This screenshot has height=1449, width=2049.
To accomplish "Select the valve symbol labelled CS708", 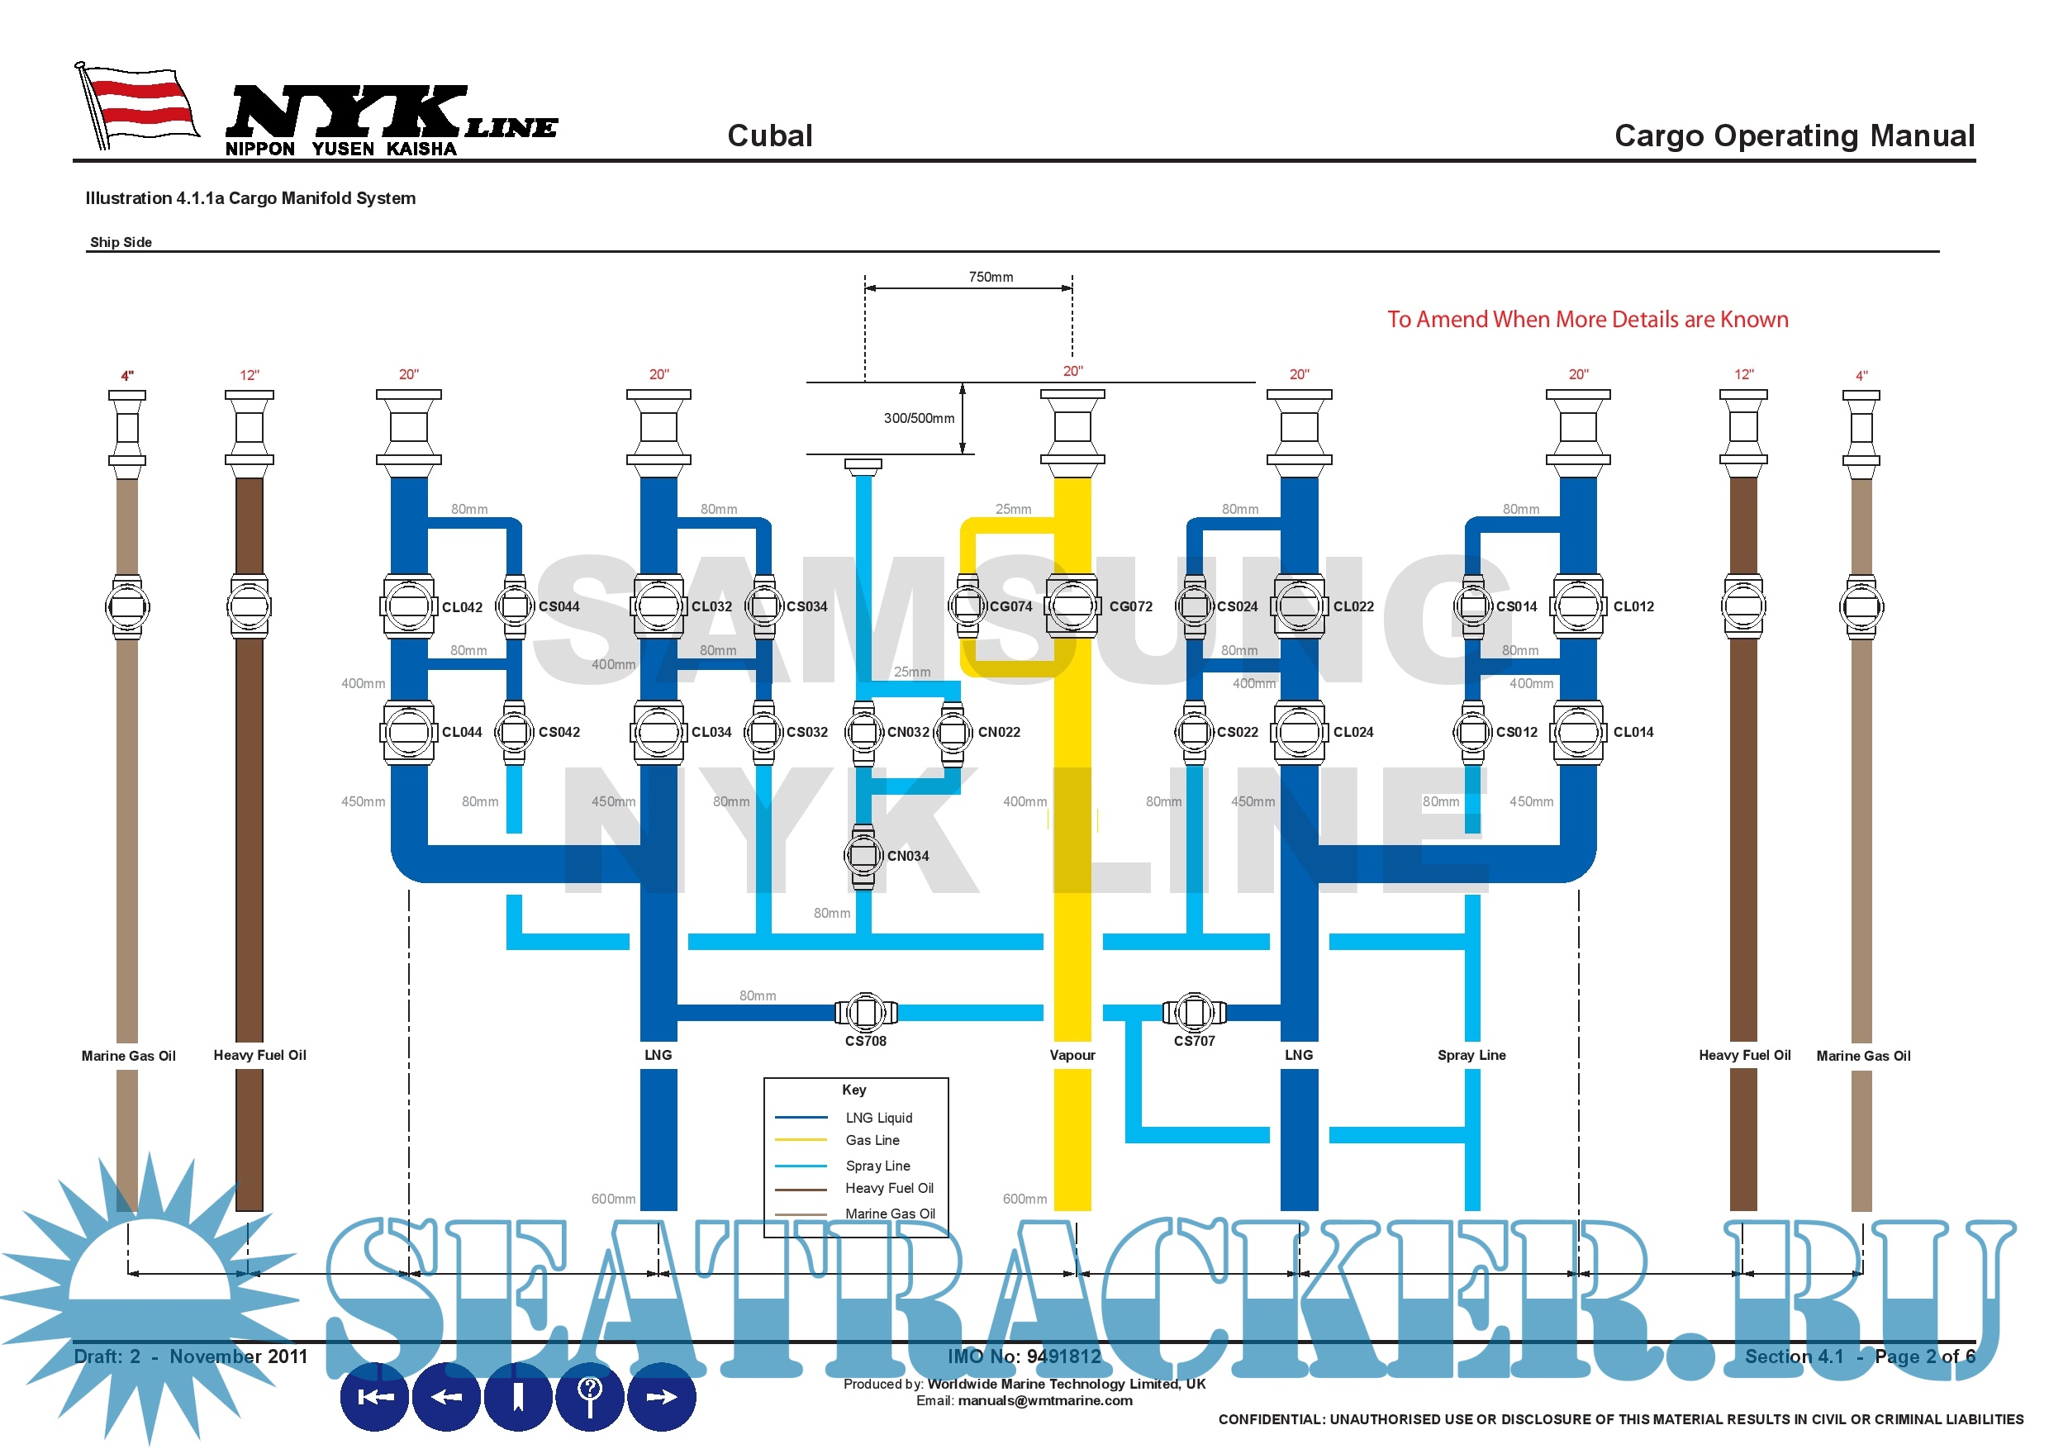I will pyautogui.click(x=865, y=1012).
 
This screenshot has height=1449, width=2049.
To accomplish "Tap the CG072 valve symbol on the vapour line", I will pyautogui.click(x=1072, y=606).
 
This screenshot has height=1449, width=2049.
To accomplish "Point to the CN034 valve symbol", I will pyautogui.click(x=862, y=856).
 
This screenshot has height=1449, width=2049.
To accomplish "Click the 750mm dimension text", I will pyautogui.click(x=991, y=277).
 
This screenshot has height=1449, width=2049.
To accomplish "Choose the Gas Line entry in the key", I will pyautogui.click(x=872, y=1140).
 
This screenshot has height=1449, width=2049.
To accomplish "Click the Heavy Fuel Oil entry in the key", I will pyautogui.click(x=889, y=1189).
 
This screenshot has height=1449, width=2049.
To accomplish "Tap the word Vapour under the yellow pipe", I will pyautogui.click(x=1072, y=1055).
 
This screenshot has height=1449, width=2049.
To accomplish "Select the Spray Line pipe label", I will pyautogui.click(x=1471, y=1055).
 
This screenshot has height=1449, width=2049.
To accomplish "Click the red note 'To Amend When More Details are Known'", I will pyautogui.click(x=1586, y=320).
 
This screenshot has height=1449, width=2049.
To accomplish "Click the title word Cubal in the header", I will pyautogui.click(x=769, y=135).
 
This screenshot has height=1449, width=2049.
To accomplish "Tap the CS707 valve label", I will pyautogui.click(x=1194, y=1041).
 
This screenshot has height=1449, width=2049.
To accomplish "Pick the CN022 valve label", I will pyautogui.click(x=999, y=732).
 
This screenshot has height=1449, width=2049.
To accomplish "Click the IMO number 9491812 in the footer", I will pyautogui.click(x=1024, y=1356).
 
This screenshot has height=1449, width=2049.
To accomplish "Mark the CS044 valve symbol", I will pyautogui.click(x=514, y=606).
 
